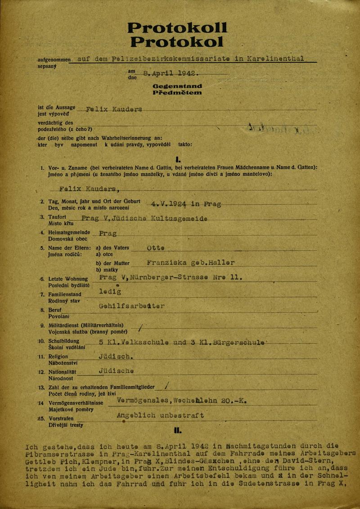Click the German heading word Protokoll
pos(177,28)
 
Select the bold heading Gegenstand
pos(177,85)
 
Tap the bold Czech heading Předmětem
pos(177,93)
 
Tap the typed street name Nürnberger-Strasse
pos(165,277)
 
